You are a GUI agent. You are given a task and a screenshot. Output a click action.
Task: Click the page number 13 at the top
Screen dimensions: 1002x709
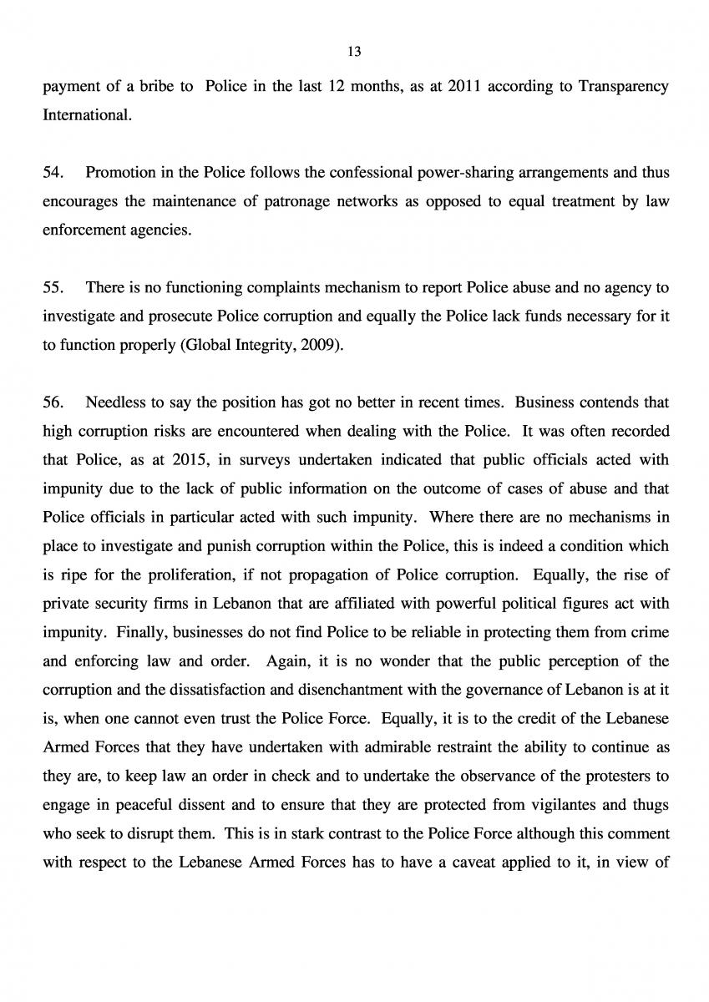[x=353, y=52]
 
